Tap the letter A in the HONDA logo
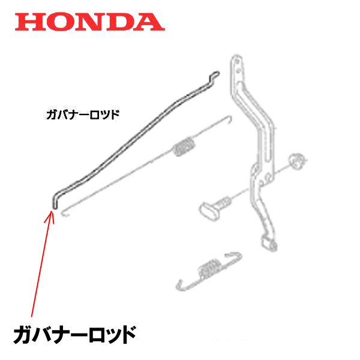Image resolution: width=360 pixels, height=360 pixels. pos(148,22)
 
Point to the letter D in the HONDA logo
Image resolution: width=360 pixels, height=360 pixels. pos(119,22)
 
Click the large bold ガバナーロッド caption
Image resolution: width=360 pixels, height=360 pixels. pos(74,334)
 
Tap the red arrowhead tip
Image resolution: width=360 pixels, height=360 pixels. pos(52,209)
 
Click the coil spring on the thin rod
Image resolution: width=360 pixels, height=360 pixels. pos(185,146)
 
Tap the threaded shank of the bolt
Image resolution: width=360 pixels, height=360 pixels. pos(226,202)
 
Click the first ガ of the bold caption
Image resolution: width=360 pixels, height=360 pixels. pos(23,334)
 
